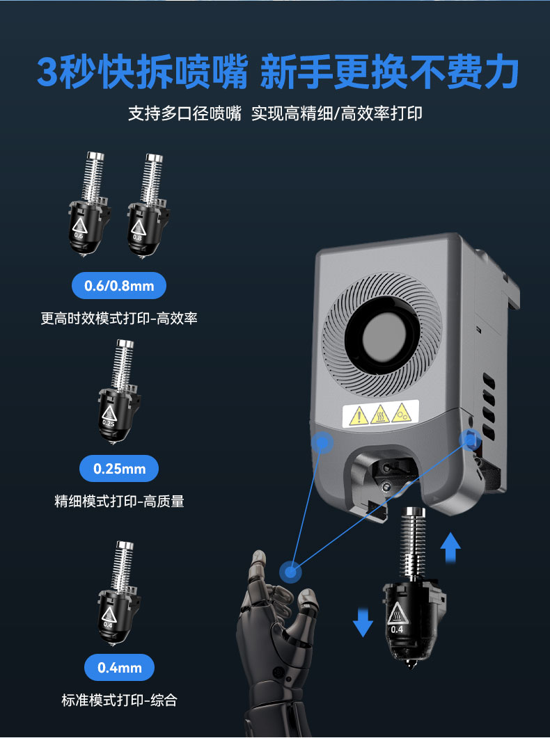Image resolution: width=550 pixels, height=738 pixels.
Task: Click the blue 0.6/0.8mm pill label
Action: click(x=119, y=285)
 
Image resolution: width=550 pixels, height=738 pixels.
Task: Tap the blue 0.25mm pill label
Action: click(x=119, y=469)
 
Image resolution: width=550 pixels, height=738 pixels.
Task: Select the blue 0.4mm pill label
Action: click(x=119, y=668)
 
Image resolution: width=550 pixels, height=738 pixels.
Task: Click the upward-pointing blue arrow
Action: click(x=451, y=547)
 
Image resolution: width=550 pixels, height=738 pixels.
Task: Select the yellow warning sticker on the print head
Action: click(x=380, y=415)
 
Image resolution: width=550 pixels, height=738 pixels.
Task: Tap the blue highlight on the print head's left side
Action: click(x=322, y=441)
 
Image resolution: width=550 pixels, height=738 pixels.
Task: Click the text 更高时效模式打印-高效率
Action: click(x=119, y=319)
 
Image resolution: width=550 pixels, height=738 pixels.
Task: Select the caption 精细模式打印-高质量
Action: click(x=119, y=501)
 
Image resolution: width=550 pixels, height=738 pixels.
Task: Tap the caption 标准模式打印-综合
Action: click(x=119, y=700)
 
